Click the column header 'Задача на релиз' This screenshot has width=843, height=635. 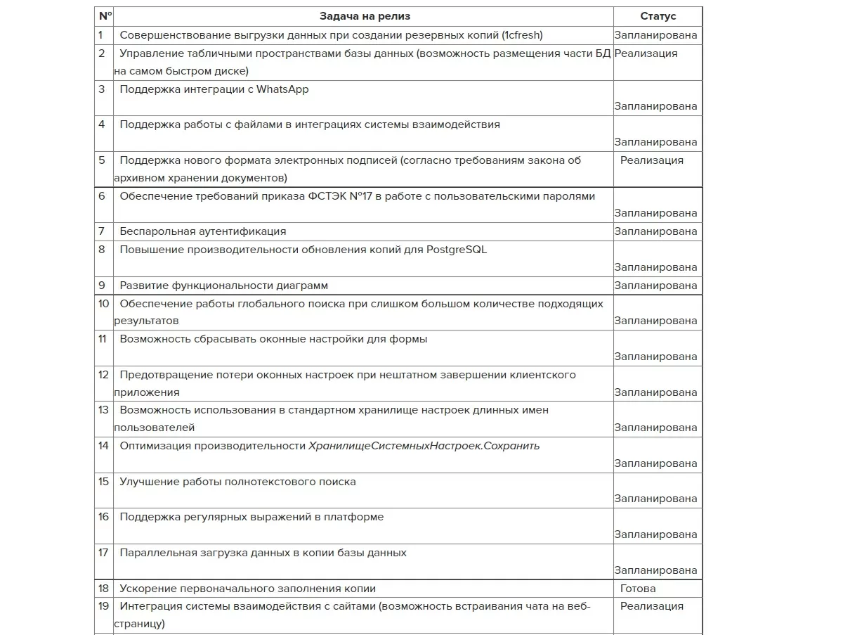coord(365,16)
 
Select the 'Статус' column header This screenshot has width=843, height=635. coord(658,16)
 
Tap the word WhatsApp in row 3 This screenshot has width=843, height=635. coord(282,89)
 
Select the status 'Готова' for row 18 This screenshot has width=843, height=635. coord(638,589)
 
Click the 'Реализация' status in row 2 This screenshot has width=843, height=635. coord(646,53)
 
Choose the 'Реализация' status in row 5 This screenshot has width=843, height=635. coord(651,160)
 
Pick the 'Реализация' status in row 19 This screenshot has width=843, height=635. coord(651,606)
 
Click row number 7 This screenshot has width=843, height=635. coord(102,231)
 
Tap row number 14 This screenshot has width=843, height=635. coord(103,446)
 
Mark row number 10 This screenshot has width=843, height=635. coord(103,304)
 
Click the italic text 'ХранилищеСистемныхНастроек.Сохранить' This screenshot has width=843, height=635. coord(424,446)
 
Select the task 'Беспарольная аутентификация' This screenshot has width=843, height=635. coord(202,231)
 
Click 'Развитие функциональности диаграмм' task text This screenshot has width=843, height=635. coord(223,286)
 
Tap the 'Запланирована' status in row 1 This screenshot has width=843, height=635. coord(655,35)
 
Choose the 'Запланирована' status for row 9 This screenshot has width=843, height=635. coord(655,286)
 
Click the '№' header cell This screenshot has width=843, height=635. coord(105,16)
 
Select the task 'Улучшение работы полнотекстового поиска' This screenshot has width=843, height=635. coord(237,482)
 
